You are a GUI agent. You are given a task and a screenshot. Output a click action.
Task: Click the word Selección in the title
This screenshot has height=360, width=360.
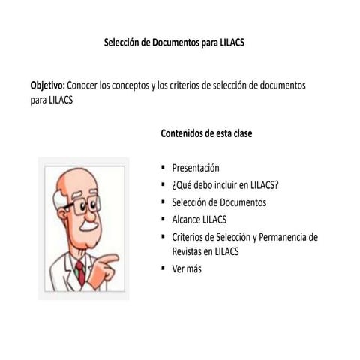tap(121, 43)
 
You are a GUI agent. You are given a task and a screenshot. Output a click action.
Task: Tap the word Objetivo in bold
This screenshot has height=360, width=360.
tap(47, 85)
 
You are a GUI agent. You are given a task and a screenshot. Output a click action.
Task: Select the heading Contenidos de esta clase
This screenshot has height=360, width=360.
tap(206, 133)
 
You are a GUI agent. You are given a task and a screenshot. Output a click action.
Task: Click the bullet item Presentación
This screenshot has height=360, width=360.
tap(195, 168)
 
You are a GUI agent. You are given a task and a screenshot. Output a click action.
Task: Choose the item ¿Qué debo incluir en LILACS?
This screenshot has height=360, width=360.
tap(225, 185)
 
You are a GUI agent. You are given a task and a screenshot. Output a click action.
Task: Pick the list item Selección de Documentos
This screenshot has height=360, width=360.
tap(219, 202)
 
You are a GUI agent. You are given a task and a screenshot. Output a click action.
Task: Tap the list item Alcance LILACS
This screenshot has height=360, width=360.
tap(199, 220)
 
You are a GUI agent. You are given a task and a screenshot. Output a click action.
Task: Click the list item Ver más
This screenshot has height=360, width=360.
tap(187, 268)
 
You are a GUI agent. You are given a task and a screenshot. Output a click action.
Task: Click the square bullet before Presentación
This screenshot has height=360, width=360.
tap(163, 168)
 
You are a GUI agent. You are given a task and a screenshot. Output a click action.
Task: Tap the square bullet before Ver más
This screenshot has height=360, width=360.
tap(163, 268)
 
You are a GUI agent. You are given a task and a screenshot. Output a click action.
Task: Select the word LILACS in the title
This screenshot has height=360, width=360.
tap(229, 43)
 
